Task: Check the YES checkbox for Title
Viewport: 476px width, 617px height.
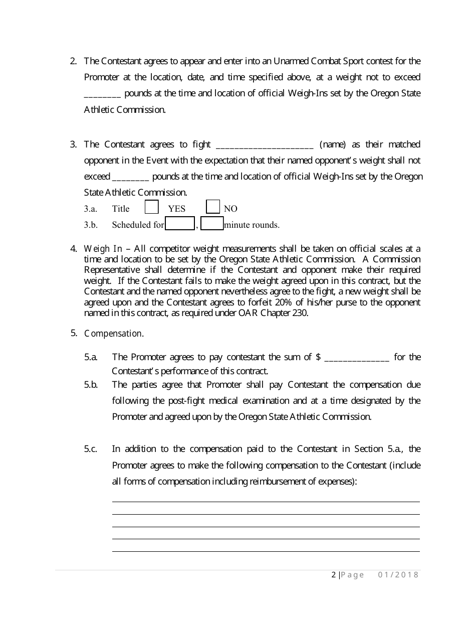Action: pos(152,208)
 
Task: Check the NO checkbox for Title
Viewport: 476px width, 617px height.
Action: pos(213,207)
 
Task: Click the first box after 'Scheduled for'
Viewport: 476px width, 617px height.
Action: pos(180,224)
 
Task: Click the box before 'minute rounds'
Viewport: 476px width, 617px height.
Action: pos(212,224)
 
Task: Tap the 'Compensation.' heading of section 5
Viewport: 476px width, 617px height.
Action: pos(114,334)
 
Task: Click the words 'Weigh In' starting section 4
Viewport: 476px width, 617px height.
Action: pos(103,249)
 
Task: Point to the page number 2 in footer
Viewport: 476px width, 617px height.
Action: pos(334,575)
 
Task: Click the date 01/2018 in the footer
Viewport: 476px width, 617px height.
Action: pos(398,575)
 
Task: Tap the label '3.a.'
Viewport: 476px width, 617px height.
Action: pos(91,209)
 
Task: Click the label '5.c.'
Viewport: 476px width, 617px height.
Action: pos(91,449)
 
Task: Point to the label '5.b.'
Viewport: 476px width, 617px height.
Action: pos(91,385)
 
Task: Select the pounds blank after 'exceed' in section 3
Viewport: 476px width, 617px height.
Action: pos(130,178)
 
